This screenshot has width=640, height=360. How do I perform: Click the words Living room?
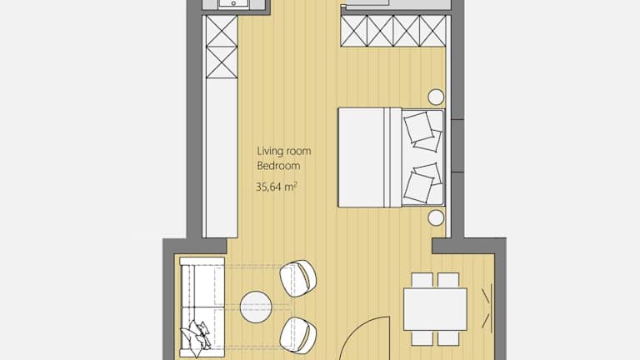point(284,151)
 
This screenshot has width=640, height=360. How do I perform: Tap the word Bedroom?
point(278,166)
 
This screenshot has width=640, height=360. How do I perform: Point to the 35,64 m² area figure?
point(277,187)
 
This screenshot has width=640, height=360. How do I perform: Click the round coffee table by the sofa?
point(256,307)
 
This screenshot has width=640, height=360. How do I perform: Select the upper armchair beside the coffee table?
point(298,278)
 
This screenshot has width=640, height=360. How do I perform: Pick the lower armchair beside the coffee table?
point(298,335)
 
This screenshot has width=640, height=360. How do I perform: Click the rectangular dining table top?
point(435,309)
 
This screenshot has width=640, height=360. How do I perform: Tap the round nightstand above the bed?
point(436,97)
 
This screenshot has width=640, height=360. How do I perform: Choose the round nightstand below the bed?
point(436,218)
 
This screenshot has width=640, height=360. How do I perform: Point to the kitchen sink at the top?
point(234,4)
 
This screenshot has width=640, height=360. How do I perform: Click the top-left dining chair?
point(422,280)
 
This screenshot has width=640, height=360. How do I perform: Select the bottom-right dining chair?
point(448,338)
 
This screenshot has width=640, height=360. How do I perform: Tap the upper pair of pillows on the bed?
point(422,132)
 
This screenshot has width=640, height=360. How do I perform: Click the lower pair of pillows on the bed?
point(422,182)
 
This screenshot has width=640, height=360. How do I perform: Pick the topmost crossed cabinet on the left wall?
point(222,31)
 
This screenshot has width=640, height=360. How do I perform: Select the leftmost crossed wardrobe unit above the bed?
point(354,31)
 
